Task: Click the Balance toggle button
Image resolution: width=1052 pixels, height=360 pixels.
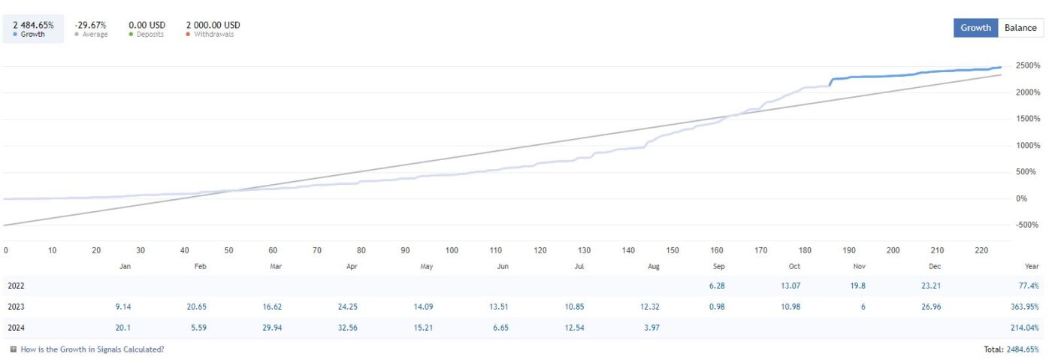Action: coord(1020,28)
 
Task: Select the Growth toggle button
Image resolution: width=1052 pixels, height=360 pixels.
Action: coord(975,28)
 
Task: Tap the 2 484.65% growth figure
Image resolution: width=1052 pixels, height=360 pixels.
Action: coord(33,25)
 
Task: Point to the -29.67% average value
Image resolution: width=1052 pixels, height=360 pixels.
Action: coord(90,25)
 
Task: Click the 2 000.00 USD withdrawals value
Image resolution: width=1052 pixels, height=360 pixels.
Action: coord(213,25)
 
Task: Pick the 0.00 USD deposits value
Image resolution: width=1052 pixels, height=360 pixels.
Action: coord(147,25)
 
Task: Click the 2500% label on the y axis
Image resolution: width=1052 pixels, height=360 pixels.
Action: coord(1028,65)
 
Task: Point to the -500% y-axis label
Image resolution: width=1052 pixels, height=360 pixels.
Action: coord(1026,225)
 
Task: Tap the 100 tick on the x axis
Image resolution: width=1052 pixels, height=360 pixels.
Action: coord(452,250)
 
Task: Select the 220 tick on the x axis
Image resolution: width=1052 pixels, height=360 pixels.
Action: coord(981,250)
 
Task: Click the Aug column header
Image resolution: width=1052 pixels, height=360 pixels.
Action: coord(653,267)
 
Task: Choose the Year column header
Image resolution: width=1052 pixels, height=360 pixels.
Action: coord(1031,267)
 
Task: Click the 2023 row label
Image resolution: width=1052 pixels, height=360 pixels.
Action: coord(16,307)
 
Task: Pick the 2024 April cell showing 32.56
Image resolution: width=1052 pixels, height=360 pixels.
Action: coord(347,328)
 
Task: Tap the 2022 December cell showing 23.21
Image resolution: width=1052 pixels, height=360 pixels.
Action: coord(931,286)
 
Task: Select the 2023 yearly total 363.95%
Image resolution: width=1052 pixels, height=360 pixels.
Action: coord(1025,307)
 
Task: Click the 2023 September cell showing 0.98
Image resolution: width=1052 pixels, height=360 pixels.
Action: coord(717,307)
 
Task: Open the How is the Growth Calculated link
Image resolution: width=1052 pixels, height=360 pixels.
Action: coord(92,349)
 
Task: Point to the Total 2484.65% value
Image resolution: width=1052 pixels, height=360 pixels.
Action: coord(1023,349)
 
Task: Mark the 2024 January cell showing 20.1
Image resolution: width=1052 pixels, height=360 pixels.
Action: coord(123,328)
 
